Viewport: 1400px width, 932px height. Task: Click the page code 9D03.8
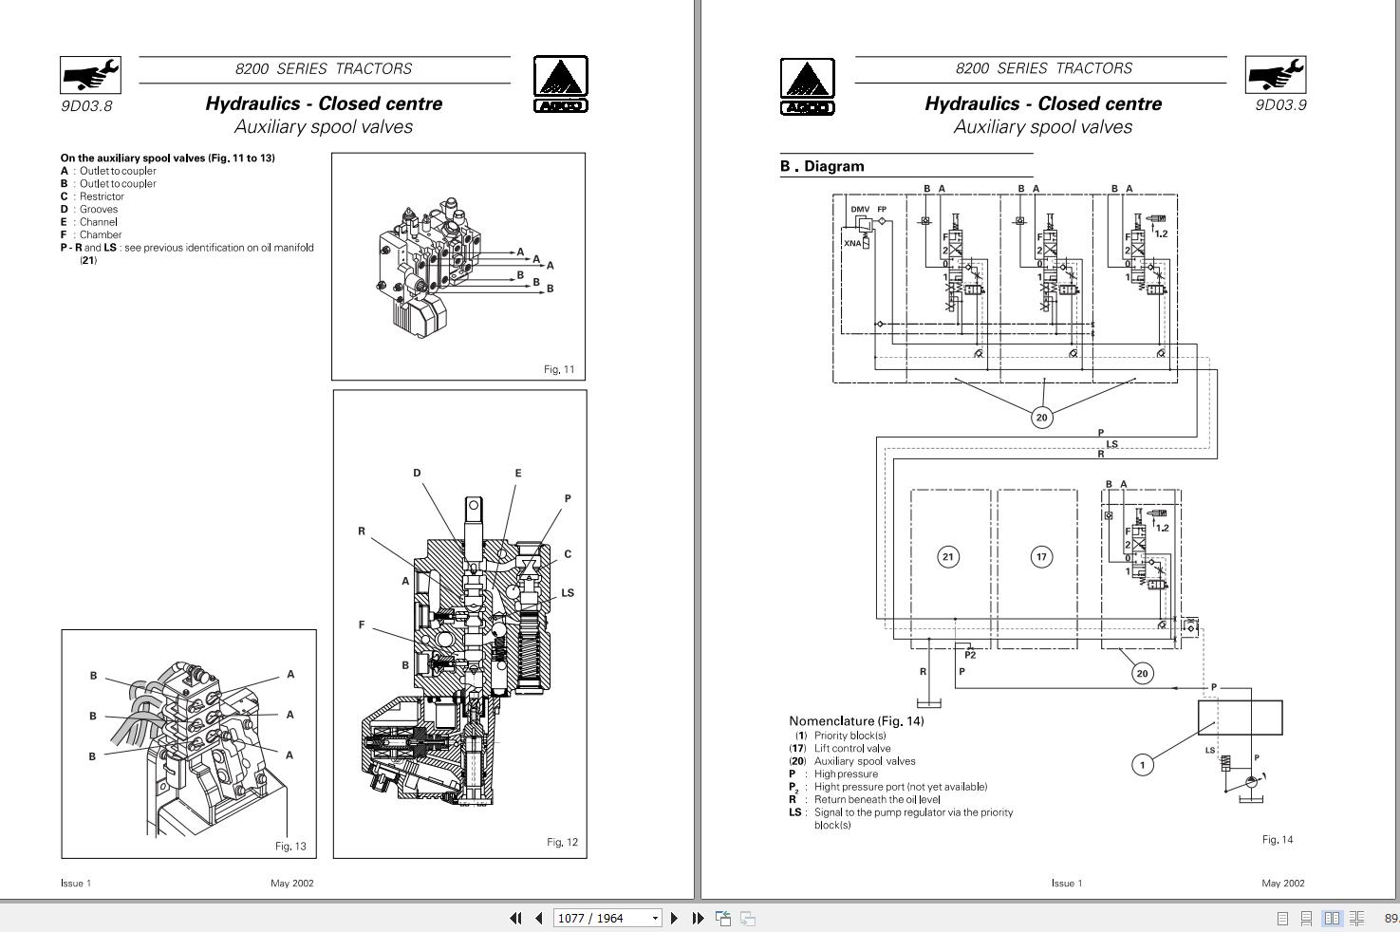(86, 105)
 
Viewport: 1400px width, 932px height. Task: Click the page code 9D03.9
(1280, 104)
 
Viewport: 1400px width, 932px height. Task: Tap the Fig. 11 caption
(559, 369)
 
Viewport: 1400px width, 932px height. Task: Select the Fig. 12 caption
(562, 842)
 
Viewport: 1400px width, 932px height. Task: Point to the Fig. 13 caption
(290, 846)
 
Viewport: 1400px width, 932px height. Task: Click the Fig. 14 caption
(1277, 839)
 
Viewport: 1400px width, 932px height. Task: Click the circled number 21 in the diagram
(947, 557)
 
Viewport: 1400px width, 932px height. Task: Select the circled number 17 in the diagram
(1041, 557)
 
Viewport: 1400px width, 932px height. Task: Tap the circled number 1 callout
(1143, 764)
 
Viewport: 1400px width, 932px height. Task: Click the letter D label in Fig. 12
(417, 473)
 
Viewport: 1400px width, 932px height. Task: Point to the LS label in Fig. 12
(568, 593)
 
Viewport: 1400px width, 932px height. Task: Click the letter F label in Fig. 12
(362, 624)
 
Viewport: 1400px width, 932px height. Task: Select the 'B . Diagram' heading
(822, 166)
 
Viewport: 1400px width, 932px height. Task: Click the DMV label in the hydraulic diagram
(859, 210)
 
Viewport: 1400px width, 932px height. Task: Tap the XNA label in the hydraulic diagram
(851, 244)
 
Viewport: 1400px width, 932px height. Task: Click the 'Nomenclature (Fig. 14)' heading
(856, 720)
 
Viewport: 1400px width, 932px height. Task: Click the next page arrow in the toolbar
(674, 918)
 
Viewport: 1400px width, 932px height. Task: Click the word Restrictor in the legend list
(102, 196)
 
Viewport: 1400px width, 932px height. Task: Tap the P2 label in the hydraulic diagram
(970, 655)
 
